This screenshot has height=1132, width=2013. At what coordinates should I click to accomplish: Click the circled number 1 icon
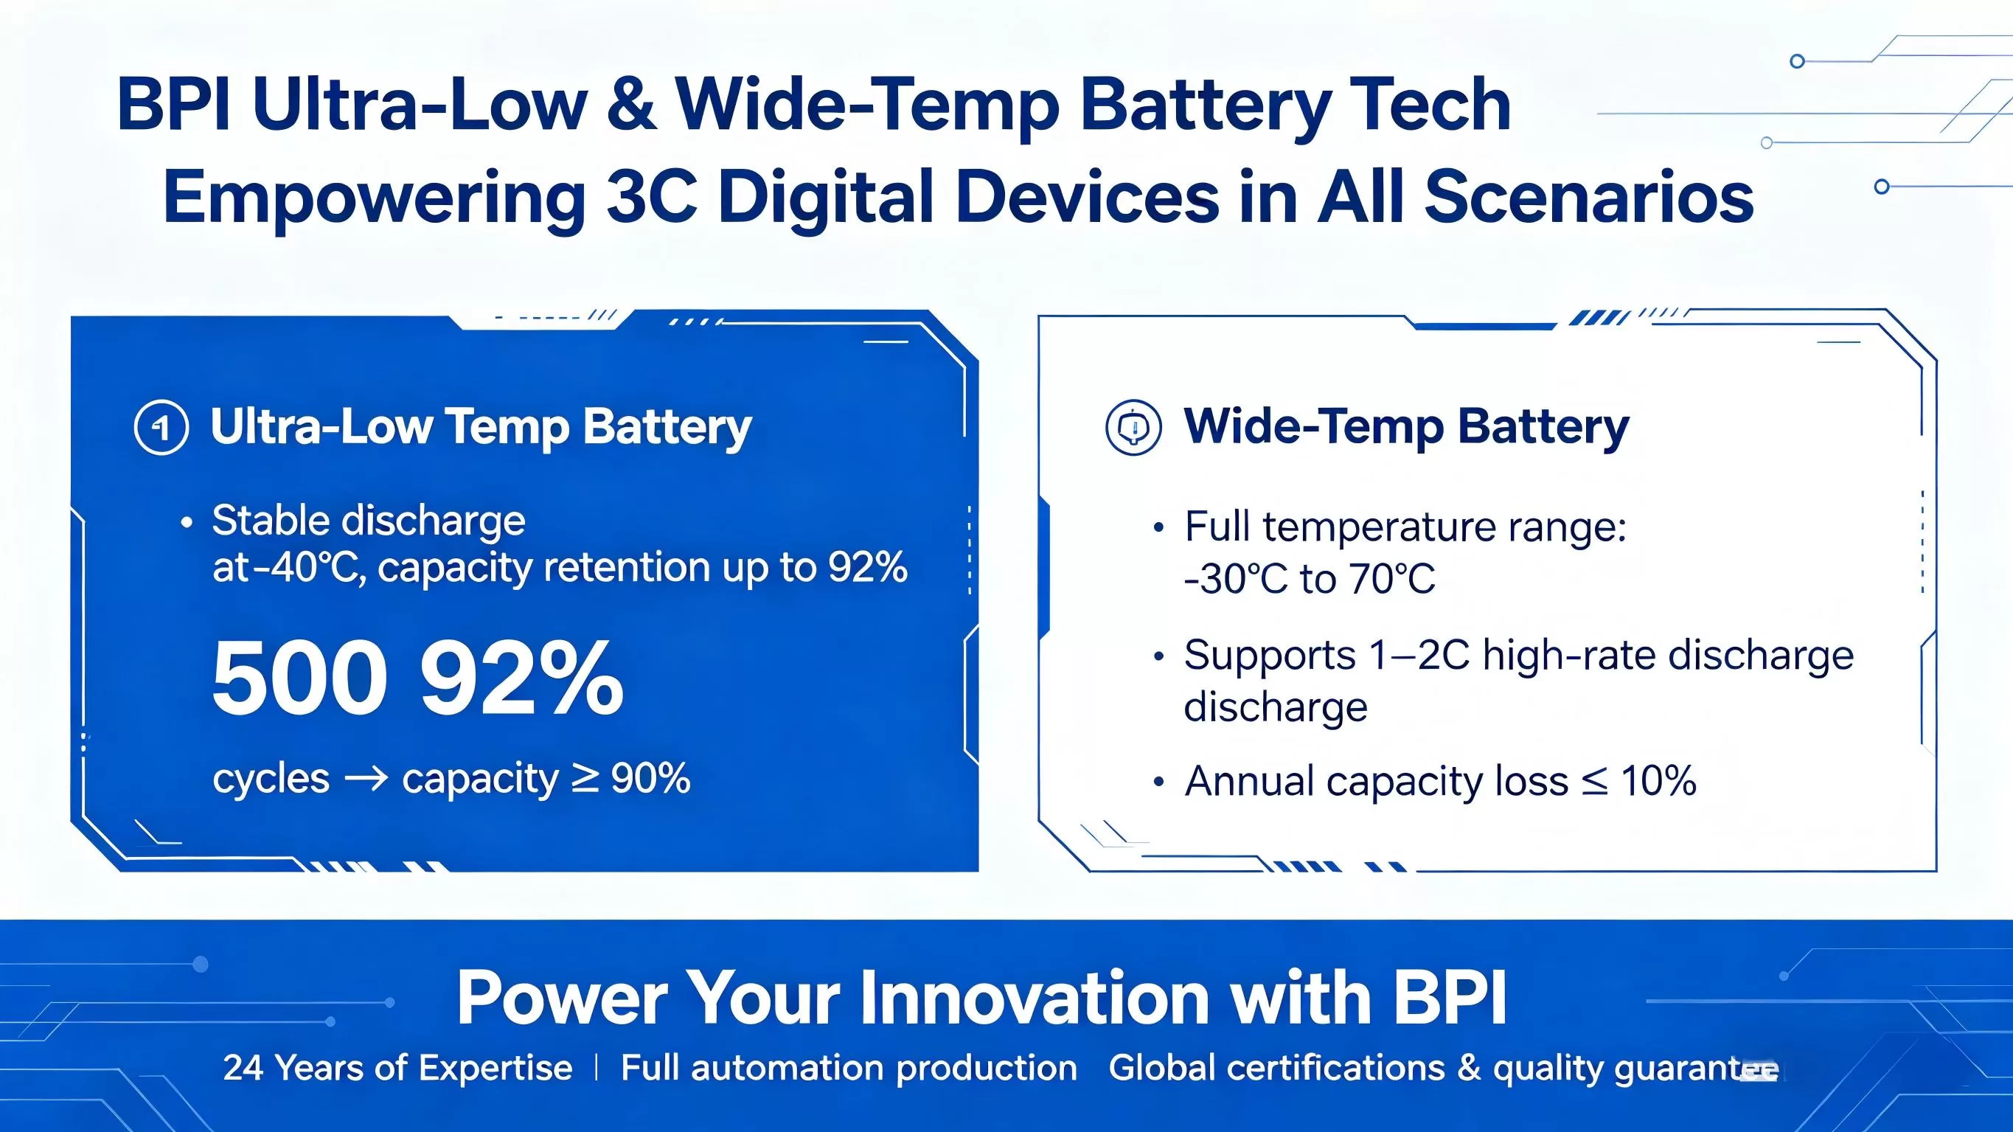pyautogui.click(x=161, y=428)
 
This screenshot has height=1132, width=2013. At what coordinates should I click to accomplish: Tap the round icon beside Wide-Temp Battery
pyautogui.click(x=1133, y=428)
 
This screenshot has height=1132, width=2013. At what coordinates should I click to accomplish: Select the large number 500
pyautogui.click(x=300, y=678)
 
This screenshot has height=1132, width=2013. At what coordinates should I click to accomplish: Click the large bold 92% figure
pyautogui.click(x=522, y=678)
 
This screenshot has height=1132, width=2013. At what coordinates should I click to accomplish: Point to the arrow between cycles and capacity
pyautogui.click(x=366, y=779)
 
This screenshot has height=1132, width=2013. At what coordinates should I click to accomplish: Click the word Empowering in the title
pyautogui.click(x=374, y=197)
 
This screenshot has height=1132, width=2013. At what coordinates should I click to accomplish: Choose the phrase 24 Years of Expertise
pyautogui.click(x=397, y=1068)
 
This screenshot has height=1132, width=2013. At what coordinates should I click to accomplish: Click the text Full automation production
pyautogui.click(x=849, y=1068)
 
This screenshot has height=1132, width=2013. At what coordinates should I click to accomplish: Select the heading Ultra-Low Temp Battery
pyautogui.click(x=481, y=428)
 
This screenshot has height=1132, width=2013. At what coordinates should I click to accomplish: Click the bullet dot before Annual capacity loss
pyautogui.click(x=1159, y=782)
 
